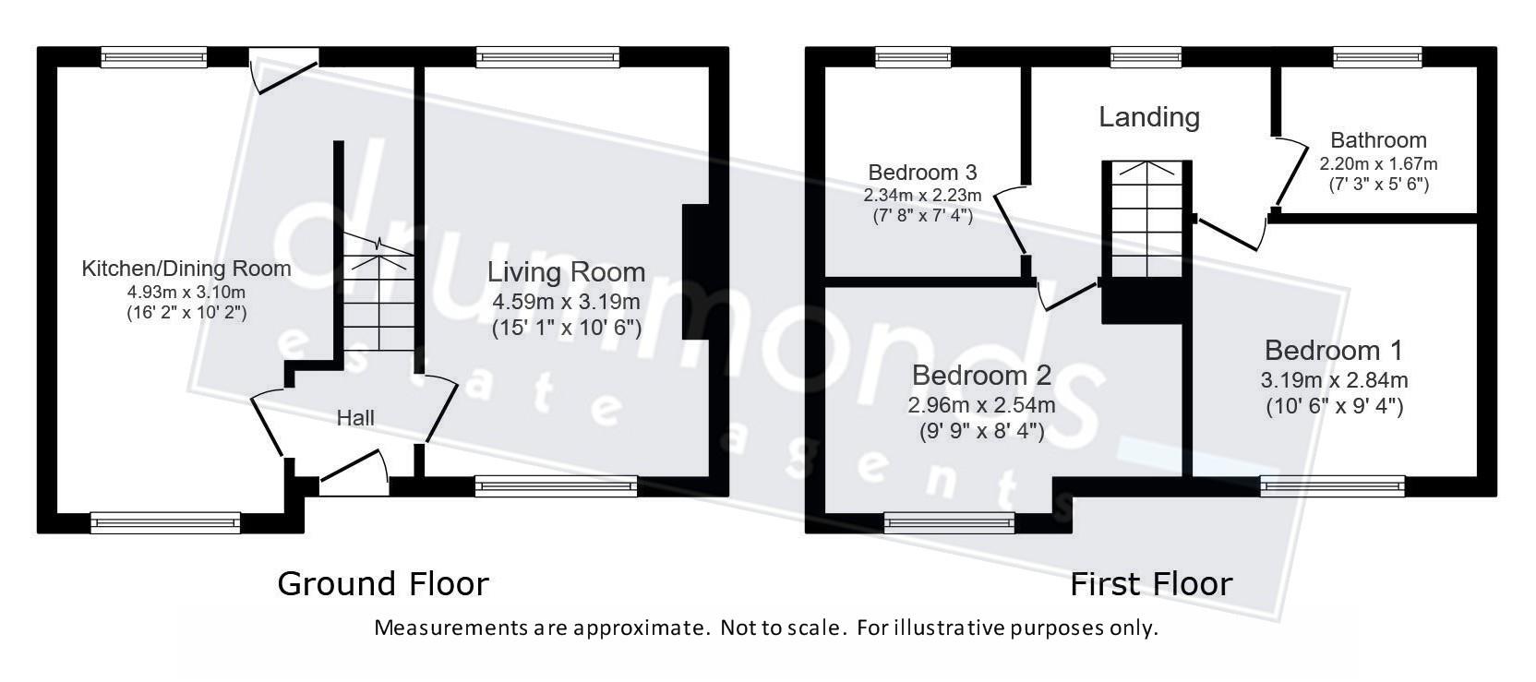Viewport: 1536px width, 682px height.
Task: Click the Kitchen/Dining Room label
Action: point(186,269)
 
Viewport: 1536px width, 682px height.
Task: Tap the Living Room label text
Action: point(566,272)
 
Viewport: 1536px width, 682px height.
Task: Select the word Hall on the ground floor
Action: point(355,418)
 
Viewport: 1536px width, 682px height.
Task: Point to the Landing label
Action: point(1149,117)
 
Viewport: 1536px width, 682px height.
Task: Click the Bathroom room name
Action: point(1378,140)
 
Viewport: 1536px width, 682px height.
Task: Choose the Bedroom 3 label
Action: point(922,173)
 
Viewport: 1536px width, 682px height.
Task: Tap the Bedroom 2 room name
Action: point(981,376)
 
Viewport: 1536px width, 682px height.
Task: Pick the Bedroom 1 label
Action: point(1333,351)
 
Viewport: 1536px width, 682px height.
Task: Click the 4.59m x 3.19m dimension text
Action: point(566,302)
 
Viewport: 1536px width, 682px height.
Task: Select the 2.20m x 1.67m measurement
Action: point(1378,164)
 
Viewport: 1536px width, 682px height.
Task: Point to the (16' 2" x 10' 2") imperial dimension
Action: point(186,313)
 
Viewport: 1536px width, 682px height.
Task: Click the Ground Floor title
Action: point(382,583)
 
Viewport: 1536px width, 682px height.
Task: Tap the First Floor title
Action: point(1151,583)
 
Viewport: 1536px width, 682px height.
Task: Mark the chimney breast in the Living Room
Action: point(695,272)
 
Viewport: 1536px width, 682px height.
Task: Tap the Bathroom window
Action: point(1377,58)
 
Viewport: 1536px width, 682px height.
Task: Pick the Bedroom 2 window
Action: point(949,523)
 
